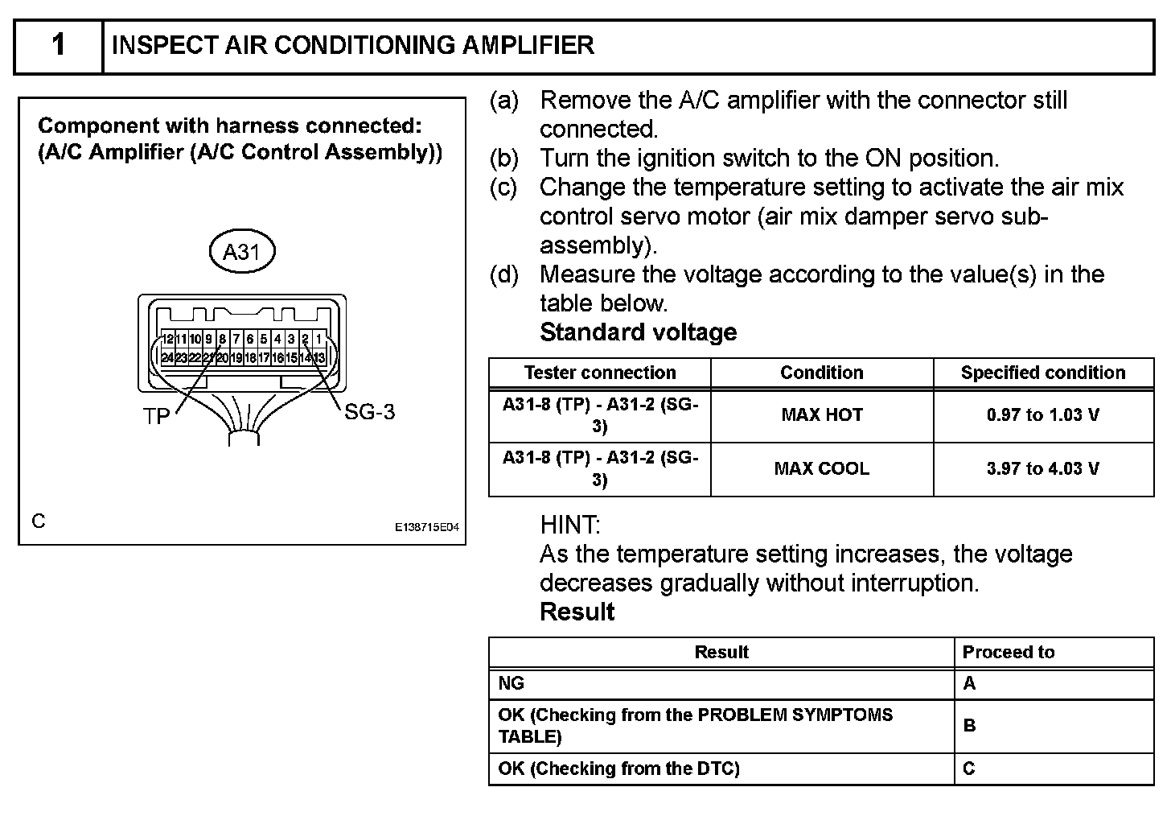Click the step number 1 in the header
[59, 45]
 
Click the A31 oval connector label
[241, 252]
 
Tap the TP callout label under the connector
[157, 416]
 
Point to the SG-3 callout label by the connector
[369, 413]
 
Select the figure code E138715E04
[426, 528]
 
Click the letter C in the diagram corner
[39, 521]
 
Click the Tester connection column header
[600, 373]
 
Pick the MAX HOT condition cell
[821, 415]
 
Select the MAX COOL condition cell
[821, 468]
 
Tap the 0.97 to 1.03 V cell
[1042, 415]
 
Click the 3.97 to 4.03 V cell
[1042, 468]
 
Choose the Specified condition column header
[1042, 373]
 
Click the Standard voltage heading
[638, 332]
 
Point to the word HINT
[570, 525]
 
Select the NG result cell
[512, 683]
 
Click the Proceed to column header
[1008, 652]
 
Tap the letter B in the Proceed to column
[969, 725]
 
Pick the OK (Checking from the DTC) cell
[618, 769]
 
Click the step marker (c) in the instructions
[504, 188]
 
